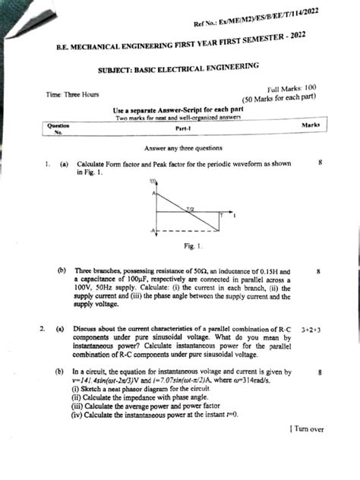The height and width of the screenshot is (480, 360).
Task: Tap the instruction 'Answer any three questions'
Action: pyautogui.click(x=180, y=149)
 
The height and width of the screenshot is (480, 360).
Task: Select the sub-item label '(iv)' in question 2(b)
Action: pyautogui.click(x=77, y=414)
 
